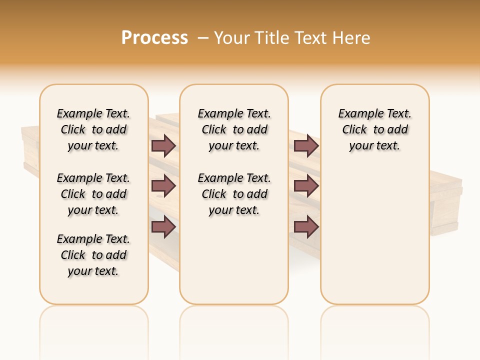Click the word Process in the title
point(154,38)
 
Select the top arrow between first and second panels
point(163,146)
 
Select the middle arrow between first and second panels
point(163,186)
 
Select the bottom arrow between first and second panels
point(163,227)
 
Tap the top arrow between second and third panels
point(306,146)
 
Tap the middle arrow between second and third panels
point(306,186)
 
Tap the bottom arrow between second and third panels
point(306,227)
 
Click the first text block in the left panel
point(93,129)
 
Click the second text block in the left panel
point(93,194)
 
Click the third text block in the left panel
point(93,255)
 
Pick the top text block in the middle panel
point(234,129)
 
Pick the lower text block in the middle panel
point(234,194)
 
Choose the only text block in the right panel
point(375,129)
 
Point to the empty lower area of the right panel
point(375,240)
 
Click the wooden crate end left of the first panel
point(30,150)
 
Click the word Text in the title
point(311,38)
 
